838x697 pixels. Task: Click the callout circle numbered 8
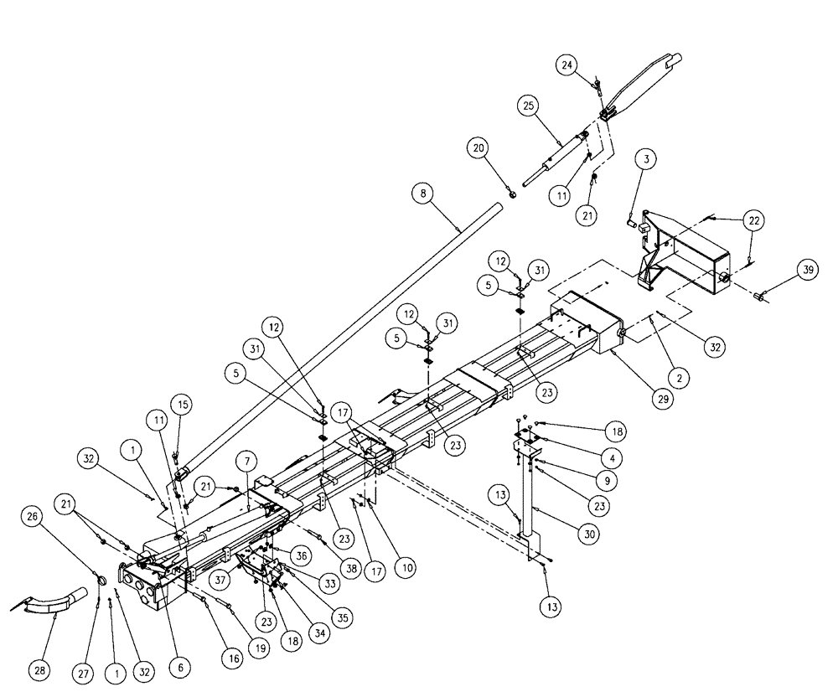pos(423,194)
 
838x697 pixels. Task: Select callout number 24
pos(567,65)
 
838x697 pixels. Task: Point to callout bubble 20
pos(477,148)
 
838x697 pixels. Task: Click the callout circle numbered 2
pos(680,378)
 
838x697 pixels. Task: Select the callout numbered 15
pos(183,405)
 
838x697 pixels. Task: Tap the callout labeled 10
pos(406,568)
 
